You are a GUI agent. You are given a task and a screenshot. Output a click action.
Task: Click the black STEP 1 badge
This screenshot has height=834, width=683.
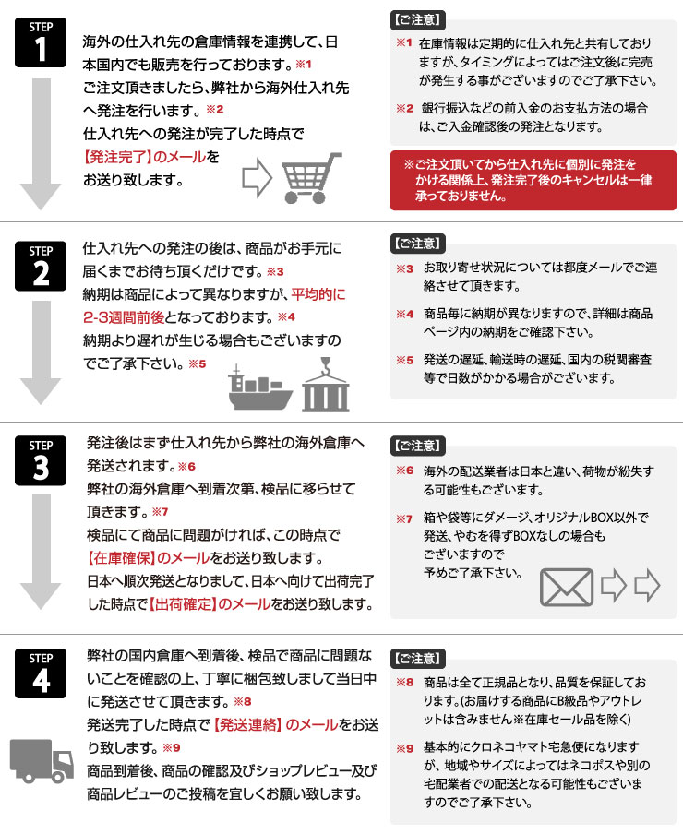point(41,42)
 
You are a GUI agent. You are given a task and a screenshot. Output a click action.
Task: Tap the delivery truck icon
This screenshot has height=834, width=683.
point(42,759)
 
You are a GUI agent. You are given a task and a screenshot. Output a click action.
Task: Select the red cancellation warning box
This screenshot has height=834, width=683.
point(533,180)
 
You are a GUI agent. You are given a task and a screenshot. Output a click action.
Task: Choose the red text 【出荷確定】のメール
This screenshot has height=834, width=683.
point(204,604)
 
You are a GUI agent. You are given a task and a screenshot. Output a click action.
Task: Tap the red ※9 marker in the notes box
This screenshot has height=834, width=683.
point(405,748)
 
